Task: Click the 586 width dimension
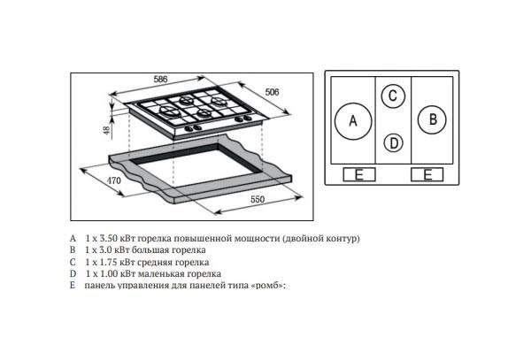pyautogui.click(x=160, y=80)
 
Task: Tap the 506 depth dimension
pyautogui.click(x=273, y=92)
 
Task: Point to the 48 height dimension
pyautogui.click(x=107, y=130)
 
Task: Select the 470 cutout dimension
pyautogui.click(x=114, y=180)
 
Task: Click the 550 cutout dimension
pyautogui.click(x=258, y=200)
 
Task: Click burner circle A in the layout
pyautogui.click(x=353, y=121)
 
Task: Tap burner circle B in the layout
pyautogui.click(x=432, y=119)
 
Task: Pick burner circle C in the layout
pyautogui.click(x=393, y=96)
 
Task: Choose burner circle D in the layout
pyautogui.click(x=394, y=143)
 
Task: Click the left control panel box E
pyautogui.click(x=359, y=174)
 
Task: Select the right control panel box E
pyautogui.click(x=427, y=174)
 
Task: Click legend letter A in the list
pyautogui.click(x=73, y=238)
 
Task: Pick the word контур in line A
pyautogui.click(x=342, y=239)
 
